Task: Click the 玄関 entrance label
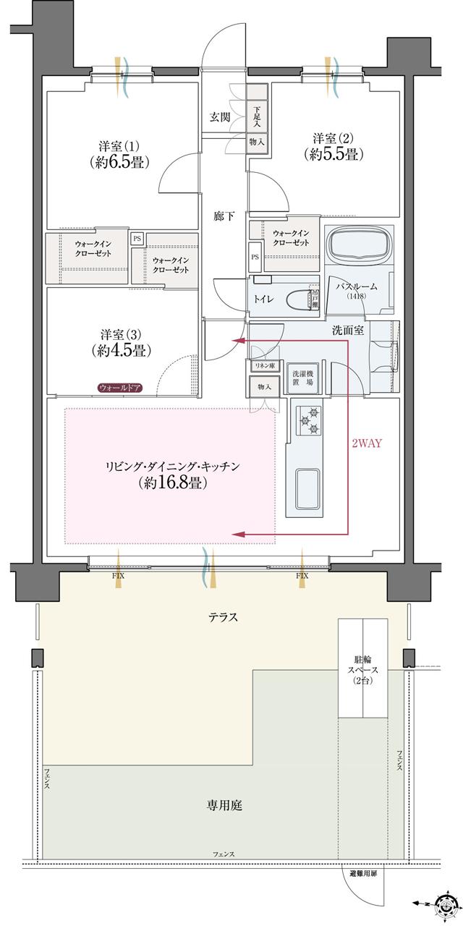click(220, 117)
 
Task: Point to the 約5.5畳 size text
click(333, 154)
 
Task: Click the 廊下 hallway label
click(224, 216)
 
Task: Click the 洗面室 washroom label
click(347, 331)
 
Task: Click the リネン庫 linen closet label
click(263, 366)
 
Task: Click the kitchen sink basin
click(310, 487)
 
